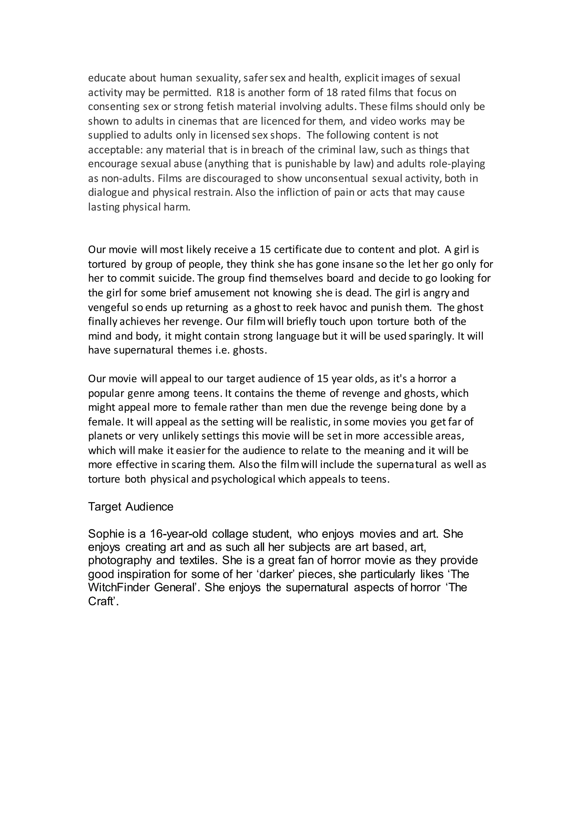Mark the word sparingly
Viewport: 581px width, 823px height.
(x=431, y=336)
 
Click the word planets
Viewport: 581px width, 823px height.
(x=106, y=436)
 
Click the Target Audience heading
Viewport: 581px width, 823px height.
(x=130, y=507)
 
